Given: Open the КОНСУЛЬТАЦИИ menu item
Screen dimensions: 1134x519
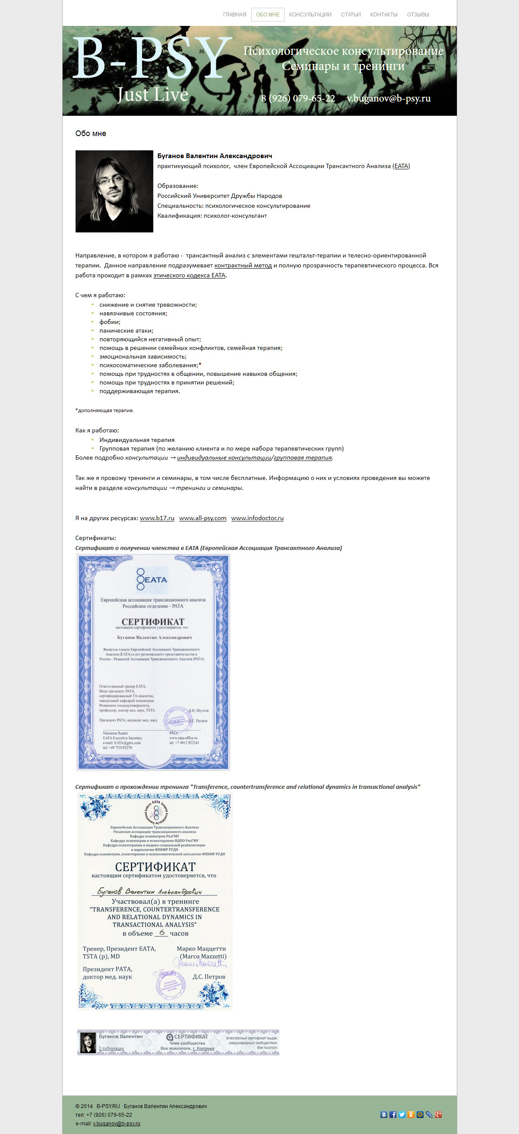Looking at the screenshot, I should point(310,15).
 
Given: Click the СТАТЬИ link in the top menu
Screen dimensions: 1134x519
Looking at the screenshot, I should point(351,15).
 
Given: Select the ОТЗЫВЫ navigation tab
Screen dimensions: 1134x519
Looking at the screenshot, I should point(418,15).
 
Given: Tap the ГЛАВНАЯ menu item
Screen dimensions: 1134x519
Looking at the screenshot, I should point(234,15).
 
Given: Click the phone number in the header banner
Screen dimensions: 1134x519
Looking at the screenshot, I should point(298,98).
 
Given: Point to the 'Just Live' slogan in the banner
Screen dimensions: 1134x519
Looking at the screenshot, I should point(152,95).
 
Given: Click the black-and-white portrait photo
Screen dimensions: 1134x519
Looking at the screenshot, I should point(114,191).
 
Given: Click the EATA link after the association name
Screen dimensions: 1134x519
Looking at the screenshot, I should point(401,166).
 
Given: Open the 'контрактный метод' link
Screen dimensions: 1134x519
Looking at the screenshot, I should point(243,265).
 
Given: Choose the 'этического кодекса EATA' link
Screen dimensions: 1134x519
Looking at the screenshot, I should point(189,276).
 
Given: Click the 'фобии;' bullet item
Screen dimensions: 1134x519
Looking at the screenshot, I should point(110,322).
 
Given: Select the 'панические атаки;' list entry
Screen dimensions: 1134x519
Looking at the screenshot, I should point(126,330).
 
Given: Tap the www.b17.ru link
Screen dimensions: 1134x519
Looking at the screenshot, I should point(157,518).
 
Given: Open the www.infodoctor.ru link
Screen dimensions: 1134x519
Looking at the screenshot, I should point(257,518).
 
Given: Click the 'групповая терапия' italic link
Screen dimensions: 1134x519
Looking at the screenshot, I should point(303,458).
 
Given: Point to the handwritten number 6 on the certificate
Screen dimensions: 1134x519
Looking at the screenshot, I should point(162,932).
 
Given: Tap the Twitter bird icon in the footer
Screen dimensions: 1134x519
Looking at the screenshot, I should point(402,1115).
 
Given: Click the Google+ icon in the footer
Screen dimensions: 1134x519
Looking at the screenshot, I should point(438,1115).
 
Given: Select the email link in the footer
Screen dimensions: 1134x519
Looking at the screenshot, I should point(117,1124).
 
